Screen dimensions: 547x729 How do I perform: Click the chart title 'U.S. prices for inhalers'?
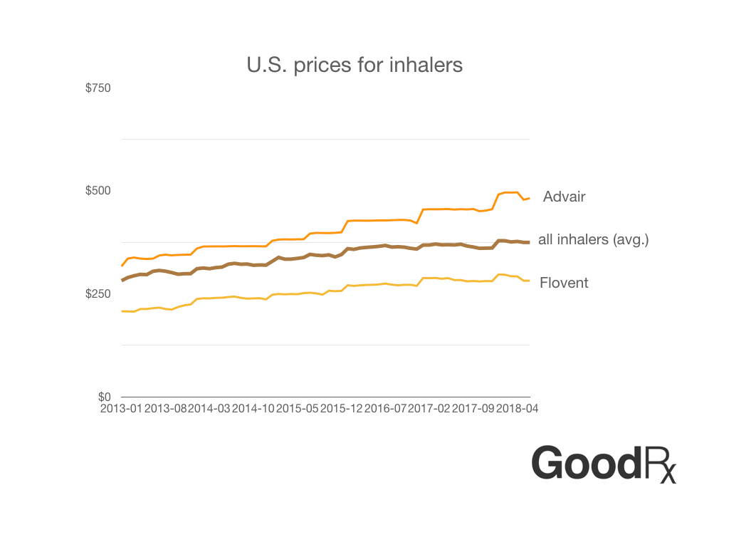tap(355, 65)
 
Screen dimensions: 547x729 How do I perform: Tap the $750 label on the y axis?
tap(98, 88)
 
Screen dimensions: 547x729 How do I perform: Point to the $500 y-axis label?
tap(98, 191)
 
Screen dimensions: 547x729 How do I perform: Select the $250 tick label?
tap(98, 294)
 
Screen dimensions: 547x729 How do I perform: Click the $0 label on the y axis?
tap(105, 397)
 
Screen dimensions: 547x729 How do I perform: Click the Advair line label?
tap(564, 197)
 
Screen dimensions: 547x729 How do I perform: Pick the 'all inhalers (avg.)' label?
tap(593, 239)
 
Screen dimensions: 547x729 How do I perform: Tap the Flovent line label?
tap(564, 283)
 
